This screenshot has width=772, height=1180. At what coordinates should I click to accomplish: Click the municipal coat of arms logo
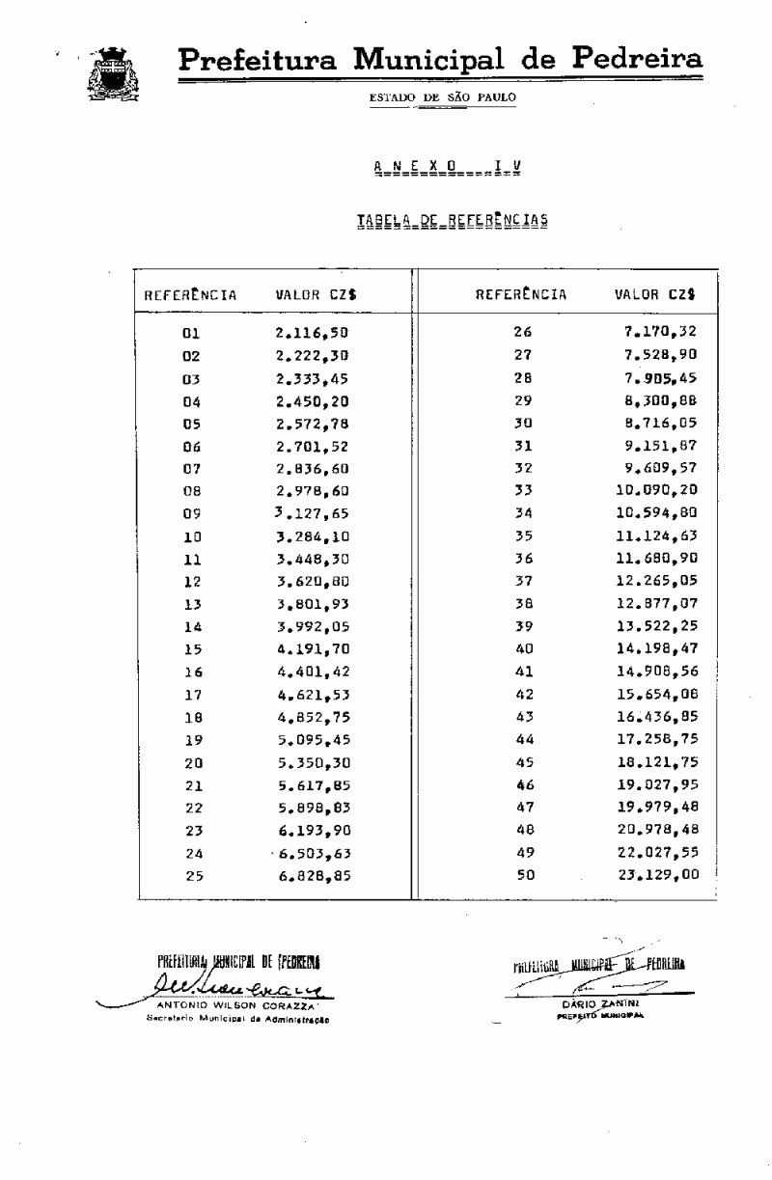click(x=113, y=73)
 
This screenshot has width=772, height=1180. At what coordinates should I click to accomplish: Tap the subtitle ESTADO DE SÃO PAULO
click(x=442, y=97)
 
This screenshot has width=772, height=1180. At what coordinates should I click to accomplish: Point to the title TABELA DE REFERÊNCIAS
click(x=452, y=221)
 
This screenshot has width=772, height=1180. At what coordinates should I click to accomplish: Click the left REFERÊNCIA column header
click(x=190, y=295)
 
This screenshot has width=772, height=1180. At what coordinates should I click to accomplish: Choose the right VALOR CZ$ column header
click(x=655, y=294)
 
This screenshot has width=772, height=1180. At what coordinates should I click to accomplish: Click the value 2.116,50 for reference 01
click(x=311, y=333)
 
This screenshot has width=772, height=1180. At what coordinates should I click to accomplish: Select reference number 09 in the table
click(x=190, y=513)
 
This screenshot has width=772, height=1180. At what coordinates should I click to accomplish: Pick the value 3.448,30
click(x=311, y=559)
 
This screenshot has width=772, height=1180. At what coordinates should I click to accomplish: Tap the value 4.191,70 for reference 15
click(x=311, y=648)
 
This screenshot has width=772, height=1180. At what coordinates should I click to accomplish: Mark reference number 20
click(x=190, y=761)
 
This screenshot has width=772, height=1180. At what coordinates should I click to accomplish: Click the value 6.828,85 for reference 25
click(x=311, y=875)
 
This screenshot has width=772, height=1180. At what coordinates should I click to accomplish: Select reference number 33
click(x=523, y=490)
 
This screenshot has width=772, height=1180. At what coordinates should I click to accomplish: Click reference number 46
click(x=524, y=784)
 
